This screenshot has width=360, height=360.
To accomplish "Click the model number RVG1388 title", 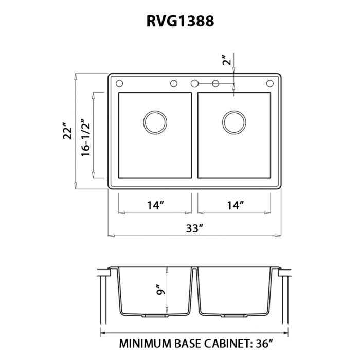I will tap(179, 21).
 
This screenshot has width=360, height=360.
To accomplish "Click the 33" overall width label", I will tap(195, 227).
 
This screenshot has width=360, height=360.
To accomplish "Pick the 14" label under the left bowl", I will tap(155, 205).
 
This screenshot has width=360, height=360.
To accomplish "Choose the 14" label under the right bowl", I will tap(235, 205).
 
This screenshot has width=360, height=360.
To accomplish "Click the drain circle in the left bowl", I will tap(155, 122).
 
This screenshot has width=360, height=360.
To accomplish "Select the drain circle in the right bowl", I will tap(235, 122).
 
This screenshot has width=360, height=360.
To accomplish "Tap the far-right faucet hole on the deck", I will tap(269, 83).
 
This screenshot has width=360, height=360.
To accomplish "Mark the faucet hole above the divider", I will tap(194, 83).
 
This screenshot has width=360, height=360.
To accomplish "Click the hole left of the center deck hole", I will tap(174, 83).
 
